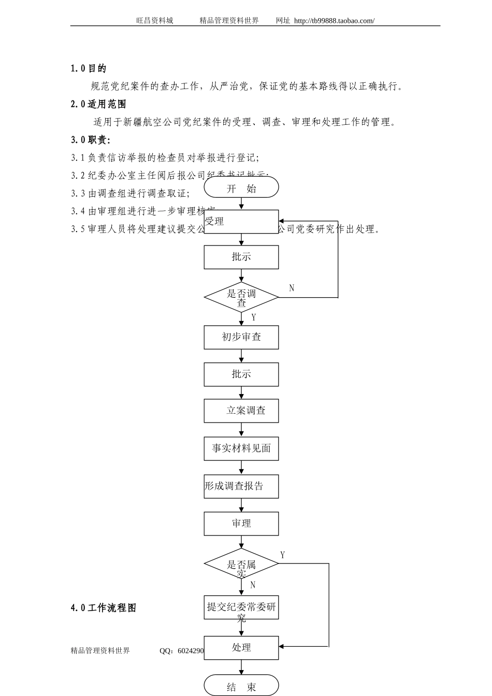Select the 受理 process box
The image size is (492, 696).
coord(241,222)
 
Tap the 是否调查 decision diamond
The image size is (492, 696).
coord(241,297)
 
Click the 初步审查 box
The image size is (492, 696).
coord(241,337)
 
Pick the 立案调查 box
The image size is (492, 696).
coord(241,411)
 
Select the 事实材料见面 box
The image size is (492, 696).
coord(241,448)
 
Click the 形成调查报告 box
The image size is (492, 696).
coord(241,486)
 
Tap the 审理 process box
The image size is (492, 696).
coord(241,524)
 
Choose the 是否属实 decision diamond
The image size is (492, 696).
coord(241,564)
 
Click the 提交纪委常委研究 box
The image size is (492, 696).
coord(241,607)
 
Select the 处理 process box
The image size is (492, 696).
coord(241,647)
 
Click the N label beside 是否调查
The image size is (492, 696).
coord(292,288)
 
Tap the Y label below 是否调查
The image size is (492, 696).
coord(253,317)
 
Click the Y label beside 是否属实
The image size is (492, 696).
coord(283,555)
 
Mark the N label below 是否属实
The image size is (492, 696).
coord(253,585)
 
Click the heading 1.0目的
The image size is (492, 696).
coord(89,68)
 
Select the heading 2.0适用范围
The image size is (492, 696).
coord(98,104)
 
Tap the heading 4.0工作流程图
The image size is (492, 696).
coord(104,608)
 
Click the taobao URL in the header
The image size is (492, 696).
coord(334,21)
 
